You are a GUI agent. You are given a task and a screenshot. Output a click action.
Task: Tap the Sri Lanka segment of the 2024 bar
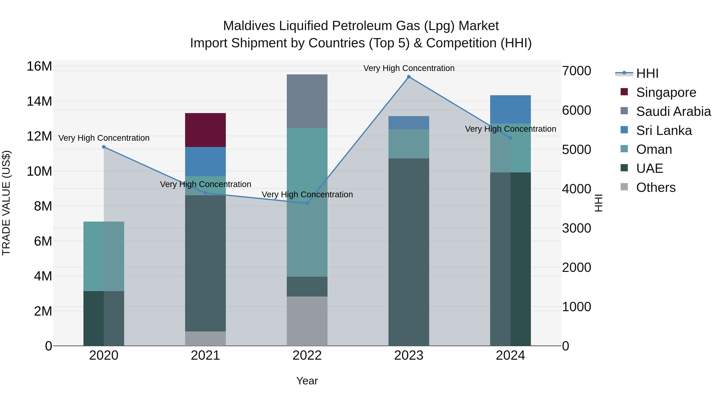[x=510, y=109]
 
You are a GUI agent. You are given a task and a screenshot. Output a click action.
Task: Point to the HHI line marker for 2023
[x=409, y=77]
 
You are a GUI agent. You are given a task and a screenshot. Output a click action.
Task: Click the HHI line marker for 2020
[x=104, y=147]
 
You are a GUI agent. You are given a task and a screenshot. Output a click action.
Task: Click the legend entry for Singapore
[x=666, y=92]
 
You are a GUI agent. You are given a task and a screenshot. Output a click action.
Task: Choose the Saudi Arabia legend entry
[x=673, y=111]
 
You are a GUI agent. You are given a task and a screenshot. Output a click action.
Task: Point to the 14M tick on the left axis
[x=39, y=101]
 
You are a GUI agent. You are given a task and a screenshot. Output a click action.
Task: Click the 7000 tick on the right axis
[x=577, y=71]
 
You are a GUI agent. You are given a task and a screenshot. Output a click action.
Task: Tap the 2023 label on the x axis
[x=409, y=355]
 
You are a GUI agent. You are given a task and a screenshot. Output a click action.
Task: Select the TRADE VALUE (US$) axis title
[x=6, y=203]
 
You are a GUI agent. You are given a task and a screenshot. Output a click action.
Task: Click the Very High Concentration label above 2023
[x=409, y=68]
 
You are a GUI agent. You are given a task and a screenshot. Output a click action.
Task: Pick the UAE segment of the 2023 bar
[x=409, y=252]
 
